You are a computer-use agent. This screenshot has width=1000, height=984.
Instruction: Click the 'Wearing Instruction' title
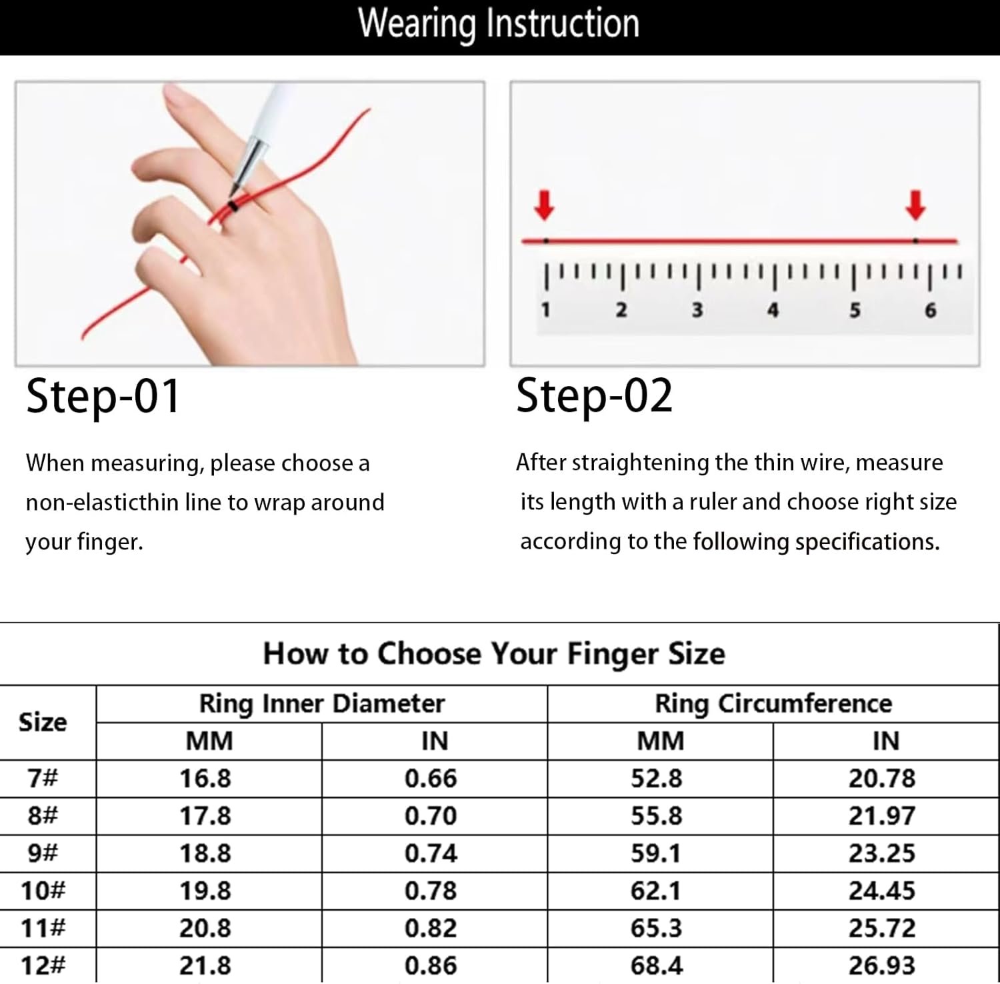coord(499,24)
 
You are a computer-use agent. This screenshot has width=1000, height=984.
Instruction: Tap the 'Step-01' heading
coord(103,396)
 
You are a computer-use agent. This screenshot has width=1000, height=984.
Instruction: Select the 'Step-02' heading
coord(595,396)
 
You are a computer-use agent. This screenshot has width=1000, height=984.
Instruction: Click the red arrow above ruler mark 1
coord(545,206)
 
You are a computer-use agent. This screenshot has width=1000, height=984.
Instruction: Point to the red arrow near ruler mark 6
coord(916,206)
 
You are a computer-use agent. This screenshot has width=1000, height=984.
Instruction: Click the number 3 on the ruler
coord(697,310)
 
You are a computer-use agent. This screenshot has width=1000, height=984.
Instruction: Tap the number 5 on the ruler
coord(855,310)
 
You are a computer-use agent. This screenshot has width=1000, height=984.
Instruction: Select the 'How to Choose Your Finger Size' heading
coord(494,654)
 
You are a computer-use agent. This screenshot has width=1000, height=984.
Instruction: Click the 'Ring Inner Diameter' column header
coord(322,704)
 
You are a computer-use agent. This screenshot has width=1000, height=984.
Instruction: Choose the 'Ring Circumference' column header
coord(773,704)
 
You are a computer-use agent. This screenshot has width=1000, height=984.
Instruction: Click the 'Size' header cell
coord(43,722)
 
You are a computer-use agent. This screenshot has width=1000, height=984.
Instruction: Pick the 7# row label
coord(43,778)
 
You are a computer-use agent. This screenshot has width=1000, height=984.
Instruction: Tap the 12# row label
coord(43,965)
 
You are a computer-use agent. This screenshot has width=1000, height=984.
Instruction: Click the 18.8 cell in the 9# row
coord(205,853)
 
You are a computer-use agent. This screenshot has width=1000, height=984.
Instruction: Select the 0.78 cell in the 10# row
coord(431,891)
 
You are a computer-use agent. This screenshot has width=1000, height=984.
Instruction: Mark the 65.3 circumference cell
coord(657,928)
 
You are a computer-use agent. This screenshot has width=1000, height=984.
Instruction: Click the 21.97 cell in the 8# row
coord(882,816)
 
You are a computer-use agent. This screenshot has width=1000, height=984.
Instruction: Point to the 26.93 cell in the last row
coord(882,965)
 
